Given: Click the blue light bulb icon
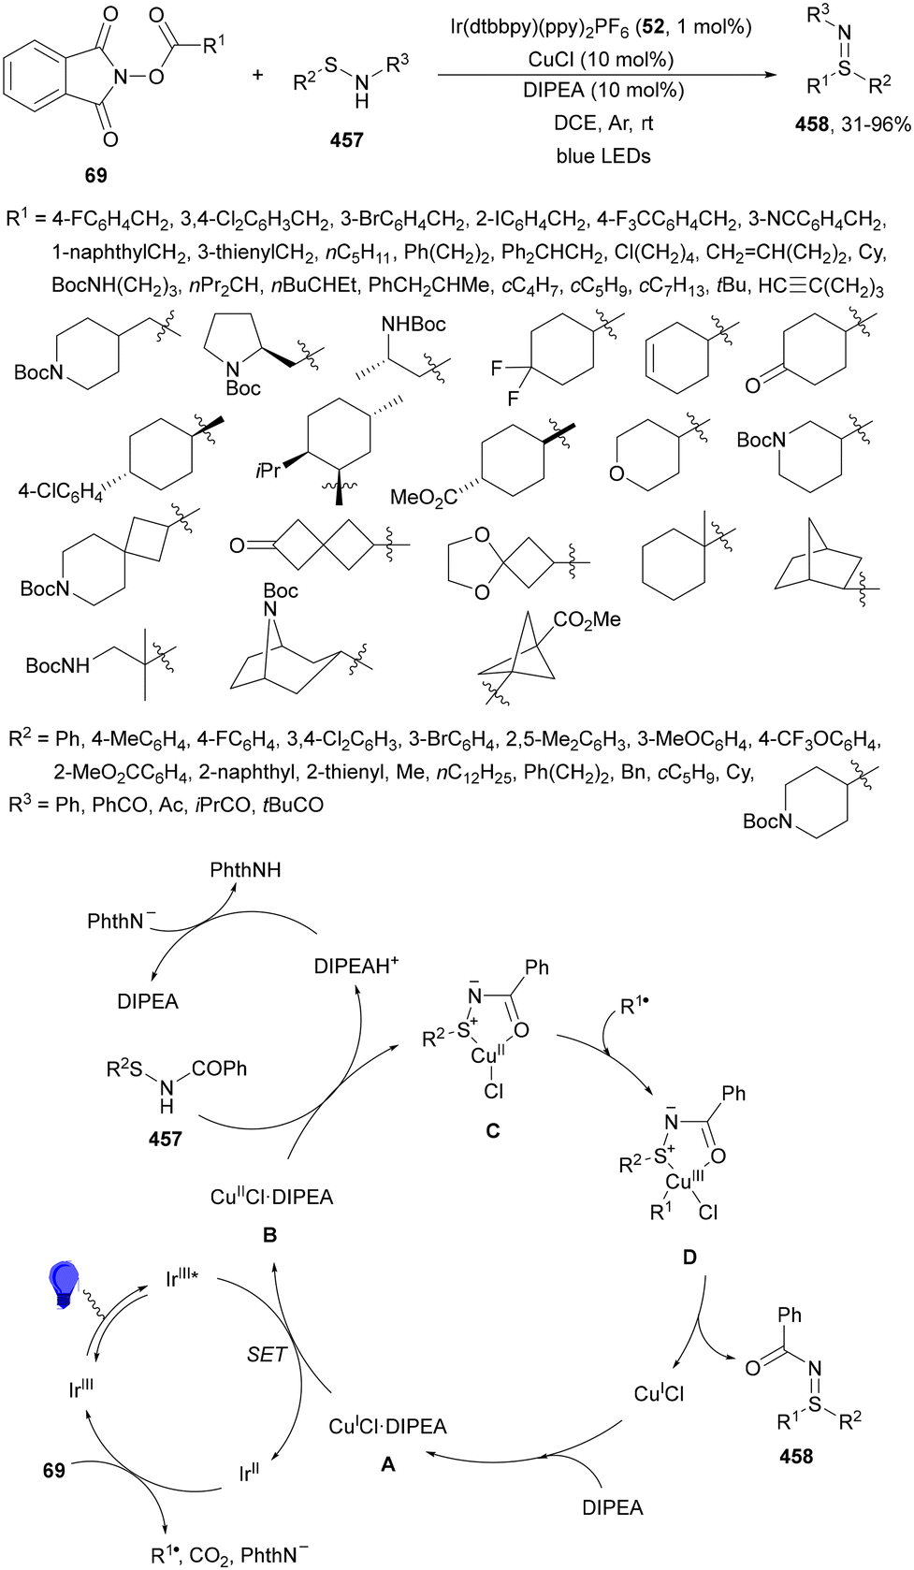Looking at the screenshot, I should click(65, 1284).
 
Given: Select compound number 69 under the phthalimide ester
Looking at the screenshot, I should click(95, 175).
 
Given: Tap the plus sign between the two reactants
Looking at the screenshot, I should click(258, 74).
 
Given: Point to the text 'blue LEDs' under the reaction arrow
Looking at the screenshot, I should click(602, 156).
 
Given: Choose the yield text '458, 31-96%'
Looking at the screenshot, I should click(853, 124).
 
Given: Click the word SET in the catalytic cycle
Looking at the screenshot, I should click(267, 1354).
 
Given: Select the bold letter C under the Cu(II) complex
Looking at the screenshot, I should click(492, 1130).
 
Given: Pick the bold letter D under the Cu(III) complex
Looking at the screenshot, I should click(689, 1257).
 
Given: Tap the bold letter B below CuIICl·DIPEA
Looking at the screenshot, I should click(269, 1235).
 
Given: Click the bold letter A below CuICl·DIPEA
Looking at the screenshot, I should click(388, 1464).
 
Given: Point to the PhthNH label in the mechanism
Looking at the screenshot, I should click(245, 870).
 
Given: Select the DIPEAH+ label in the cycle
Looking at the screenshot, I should click(356, 966).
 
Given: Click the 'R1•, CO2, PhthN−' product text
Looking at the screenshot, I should click(229, 1554).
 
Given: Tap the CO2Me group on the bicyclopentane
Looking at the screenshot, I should click(587, 619).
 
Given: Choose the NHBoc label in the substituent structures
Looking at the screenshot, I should click(413, 324).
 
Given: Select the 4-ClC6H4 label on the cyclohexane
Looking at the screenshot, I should click(60, 490).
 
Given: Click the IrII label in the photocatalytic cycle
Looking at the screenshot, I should click(249, 1475).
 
